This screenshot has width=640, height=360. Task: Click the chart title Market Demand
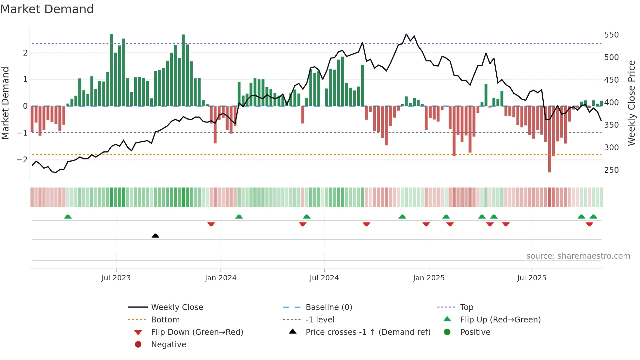47,9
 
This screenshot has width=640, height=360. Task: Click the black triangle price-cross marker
155,236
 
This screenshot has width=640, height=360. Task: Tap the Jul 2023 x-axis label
116,278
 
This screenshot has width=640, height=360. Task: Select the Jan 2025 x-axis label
429,278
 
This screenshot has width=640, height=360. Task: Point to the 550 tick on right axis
611,35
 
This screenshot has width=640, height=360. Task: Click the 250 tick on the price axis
611,170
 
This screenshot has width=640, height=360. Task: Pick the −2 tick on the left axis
22,160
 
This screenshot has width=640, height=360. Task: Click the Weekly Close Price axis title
632,103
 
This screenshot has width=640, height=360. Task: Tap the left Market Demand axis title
6,103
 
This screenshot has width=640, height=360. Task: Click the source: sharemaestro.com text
578,256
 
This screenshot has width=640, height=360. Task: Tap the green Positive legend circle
447,332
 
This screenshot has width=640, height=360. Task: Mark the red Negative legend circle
138,345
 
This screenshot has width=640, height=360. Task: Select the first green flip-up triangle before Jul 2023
68,217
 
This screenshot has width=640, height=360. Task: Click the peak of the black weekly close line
406,34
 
